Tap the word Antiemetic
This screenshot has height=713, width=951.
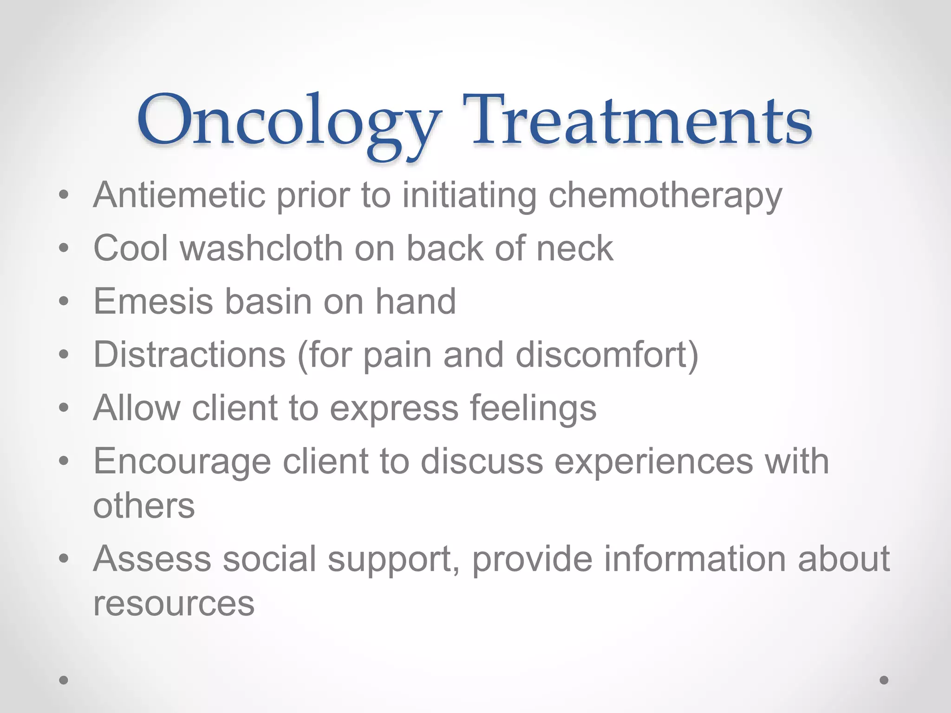(x=179, y=195)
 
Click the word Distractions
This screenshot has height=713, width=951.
(x=189, y=355)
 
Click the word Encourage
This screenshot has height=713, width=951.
(x=182, y=462)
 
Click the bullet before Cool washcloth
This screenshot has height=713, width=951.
(x=64, y=248)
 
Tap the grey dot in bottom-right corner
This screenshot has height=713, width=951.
(x=884, y=680)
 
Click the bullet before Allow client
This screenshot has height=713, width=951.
(x=64, y=408)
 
